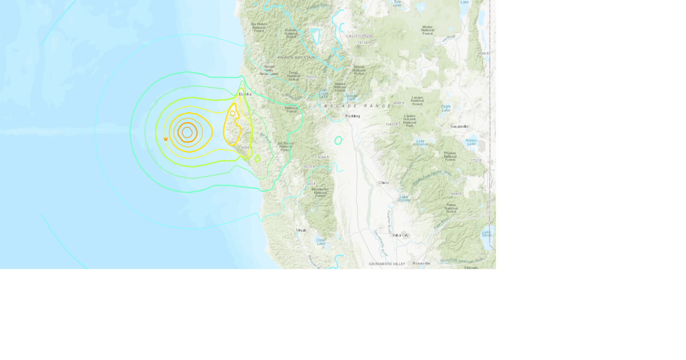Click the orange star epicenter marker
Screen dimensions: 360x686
[x=166, y=139]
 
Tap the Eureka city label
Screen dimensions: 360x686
[x=245, y=94]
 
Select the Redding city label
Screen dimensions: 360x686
[x=352, y=116]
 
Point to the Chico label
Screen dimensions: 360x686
[x=384, y=183]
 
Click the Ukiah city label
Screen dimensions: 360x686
[x=301, y=230]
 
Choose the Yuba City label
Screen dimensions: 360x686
[x=400, y=235]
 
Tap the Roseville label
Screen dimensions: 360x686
[x=421, y=263]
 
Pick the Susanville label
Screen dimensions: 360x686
[x=459, y=126]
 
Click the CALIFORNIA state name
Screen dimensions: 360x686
[x=359, y=36]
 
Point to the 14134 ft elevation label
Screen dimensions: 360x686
[x=364, y=43]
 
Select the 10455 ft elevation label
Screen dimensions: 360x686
[x=392, y=125]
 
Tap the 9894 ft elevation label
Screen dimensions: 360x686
[x=483, y=53]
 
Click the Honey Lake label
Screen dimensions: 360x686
[x=471, y=142]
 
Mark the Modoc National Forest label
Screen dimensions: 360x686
[x=428, y=30]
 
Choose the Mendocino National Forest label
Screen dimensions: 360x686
[x=320, y=193]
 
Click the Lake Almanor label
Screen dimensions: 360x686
[x=420, y=143]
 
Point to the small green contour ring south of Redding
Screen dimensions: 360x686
[x=338, y=140]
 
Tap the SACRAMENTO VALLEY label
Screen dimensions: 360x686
[x=387, y=264]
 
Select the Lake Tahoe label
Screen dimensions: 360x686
[x=487, y=234]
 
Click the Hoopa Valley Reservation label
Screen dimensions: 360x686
[x=269, y=70]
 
